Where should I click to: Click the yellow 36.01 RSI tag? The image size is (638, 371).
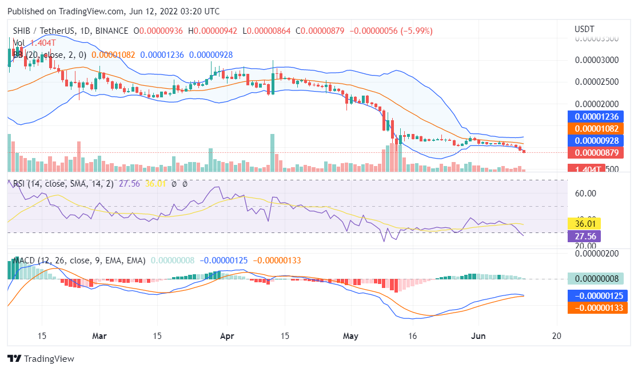pos(584,224)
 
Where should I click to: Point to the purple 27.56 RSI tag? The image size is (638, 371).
pos(584,236)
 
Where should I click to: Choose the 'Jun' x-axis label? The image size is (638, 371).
pos(478,336)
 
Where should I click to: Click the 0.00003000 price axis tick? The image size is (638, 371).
pos(597,60)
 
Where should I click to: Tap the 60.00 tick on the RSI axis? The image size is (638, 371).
pos(585,194)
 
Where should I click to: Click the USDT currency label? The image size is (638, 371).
pos(584,29)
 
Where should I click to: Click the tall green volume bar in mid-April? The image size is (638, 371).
pos(272,153)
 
